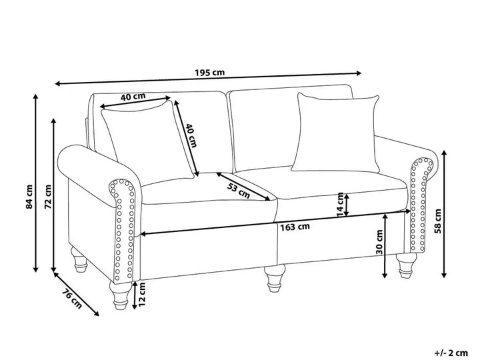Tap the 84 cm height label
tap(29, 196)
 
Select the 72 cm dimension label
tap(47, 196)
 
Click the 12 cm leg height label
tap(141, 295)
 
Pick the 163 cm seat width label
tap(294, 226)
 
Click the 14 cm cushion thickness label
tap(341, 205)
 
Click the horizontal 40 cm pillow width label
tap(133, 97)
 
